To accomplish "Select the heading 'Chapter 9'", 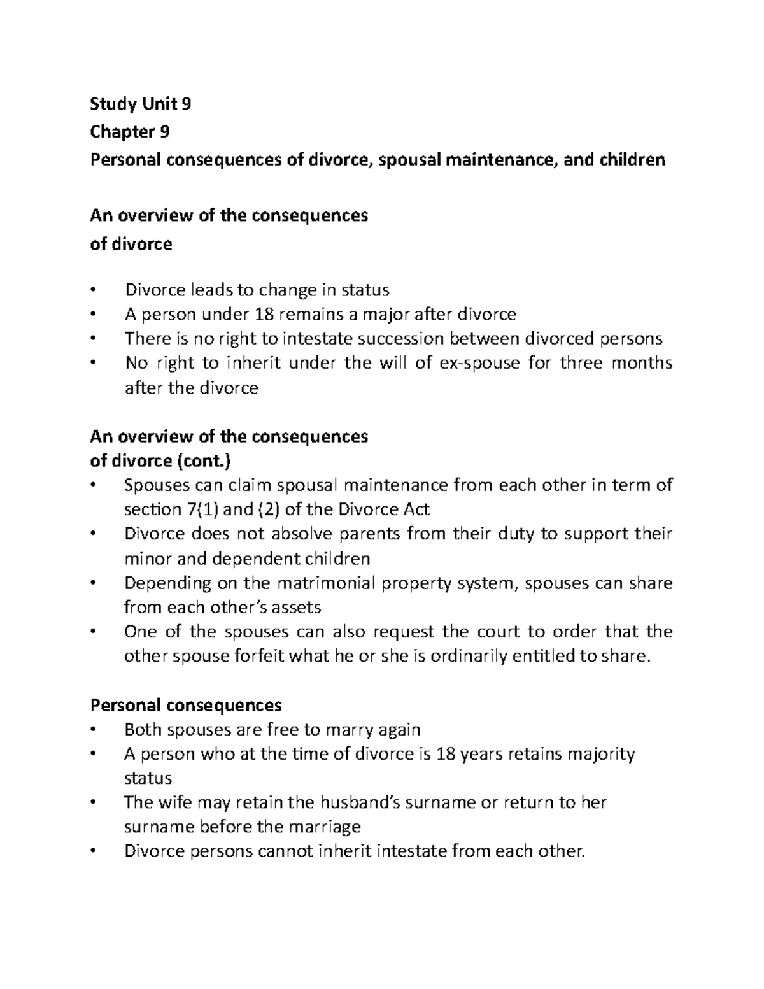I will click(x=130, y=132).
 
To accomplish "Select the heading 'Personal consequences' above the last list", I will click(x=186, y=705).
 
